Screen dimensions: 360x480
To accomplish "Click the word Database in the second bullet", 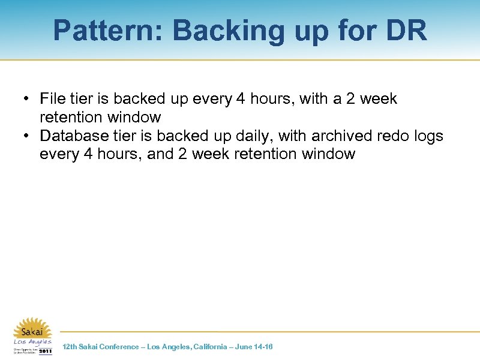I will click(x=73, y=136).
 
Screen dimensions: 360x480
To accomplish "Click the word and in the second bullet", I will click(x=160, y=154).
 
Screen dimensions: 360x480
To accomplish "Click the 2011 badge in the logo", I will click(x=45, y=350).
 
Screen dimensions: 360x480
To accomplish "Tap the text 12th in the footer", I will click(x=70, y=347).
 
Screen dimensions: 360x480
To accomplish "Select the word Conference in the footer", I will click(x=119, y=347).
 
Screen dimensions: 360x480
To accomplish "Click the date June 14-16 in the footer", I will click(x=255, y=347).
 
